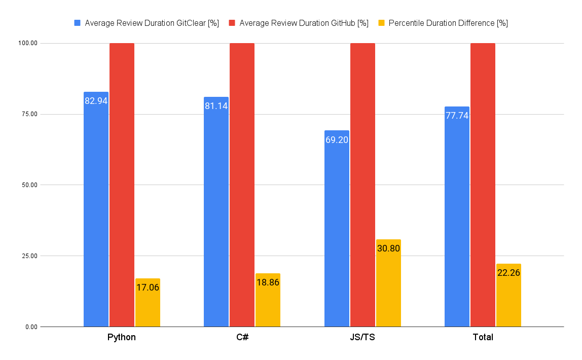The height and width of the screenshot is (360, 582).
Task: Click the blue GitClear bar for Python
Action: pos(96,213)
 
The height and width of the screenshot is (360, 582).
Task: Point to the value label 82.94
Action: pos(96,101)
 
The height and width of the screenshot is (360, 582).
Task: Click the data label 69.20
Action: pos(337,140)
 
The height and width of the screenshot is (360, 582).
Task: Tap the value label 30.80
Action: pos(388,248)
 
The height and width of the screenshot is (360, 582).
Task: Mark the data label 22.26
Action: pos(508,273)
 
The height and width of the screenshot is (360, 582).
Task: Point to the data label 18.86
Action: pos(268,282)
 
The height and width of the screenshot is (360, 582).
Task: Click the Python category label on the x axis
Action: pos(122,337)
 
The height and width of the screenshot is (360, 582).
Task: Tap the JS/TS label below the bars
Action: pos(362,337)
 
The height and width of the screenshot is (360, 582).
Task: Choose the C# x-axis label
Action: pos(242,337)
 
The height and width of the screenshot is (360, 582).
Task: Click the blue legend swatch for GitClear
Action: pos(78,23)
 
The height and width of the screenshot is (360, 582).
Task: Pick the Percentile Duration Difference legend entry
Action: pos(448,23)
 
